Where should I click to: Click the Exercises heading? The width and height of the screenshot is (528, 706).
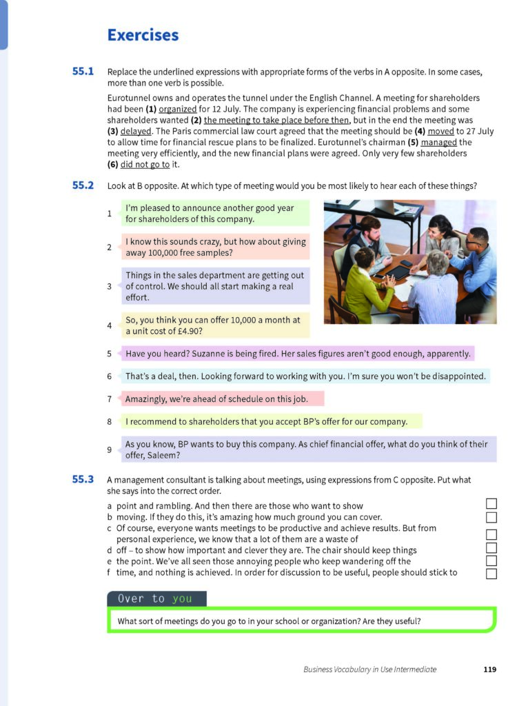(143, 35)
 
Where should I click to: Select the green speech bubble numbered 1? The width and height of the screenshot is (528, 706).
(215, 213)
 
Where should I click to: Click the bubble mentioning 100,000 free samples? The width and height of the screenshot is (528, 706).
(215, 247)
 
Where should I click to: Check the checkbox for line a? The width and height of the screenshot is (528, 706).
(491, 505)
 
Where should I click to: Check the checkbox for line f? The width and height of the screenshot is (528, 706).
(491, 574)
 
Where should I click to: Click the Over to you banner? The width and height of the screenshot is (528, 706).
(156, 598)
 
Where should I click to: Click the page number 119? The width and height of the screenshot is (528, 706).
(489, 669)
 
